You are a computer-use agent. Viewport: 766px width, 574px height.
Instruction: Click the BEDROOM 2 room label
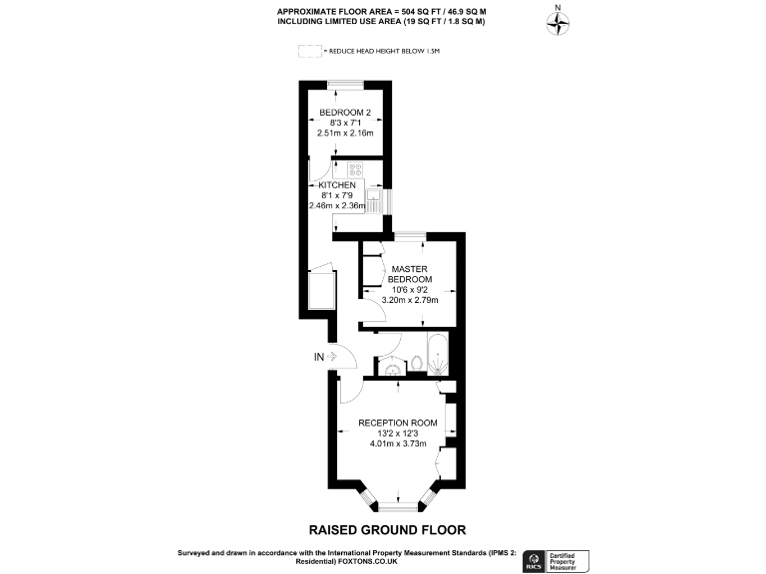344,112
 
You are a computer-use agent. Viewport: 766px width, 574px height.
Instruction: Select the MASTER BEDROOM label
409,274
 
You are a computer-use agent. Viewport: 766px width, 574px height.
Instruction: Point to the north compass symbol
558,22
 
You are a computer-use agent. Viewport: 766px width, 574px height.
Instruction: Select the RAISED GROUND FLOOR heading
387,530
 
